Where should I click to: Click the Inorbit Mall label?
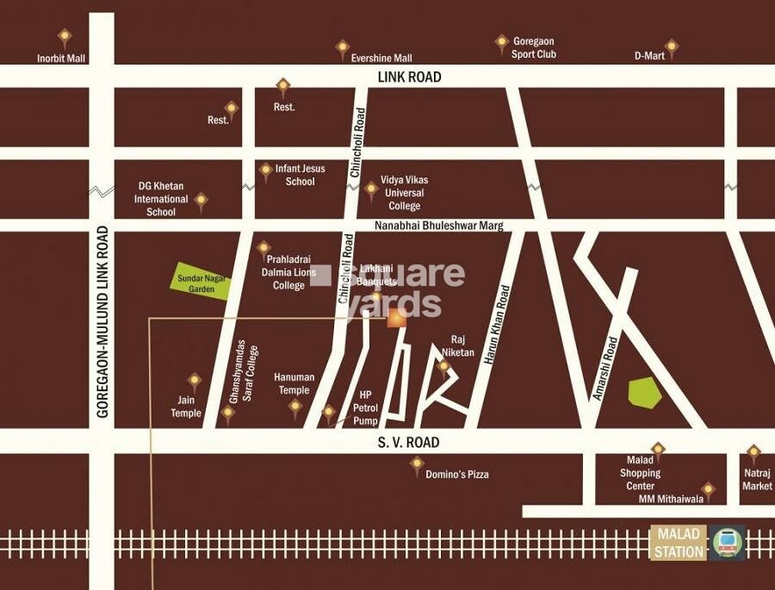(x=61, y=59)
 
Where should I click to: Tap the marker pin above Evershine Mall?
(x=342, y=47)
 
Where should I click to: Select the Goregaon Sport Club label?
(x=534, y=47)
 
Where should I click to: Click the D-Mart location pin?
(x=671, y=47)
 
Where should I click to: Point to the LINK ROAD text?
(x=409, y=78)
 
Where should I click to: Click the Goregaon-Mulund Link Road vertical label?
(x=102, y=321)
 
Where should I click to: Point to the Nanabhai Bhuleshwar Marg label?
(x=438, y=226)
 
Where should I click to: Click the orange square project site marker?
(x=396, y=319)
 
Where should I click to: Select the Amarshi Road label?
(x=605, y=368)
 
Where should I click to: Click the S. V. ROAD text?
(x=408, y=443)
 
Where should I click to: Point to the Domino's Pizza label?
(x=457, y=475)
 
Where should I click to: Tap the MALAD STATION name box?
(x=678, y=543)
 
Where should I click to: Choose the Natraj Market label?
(x=757, y=480)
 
